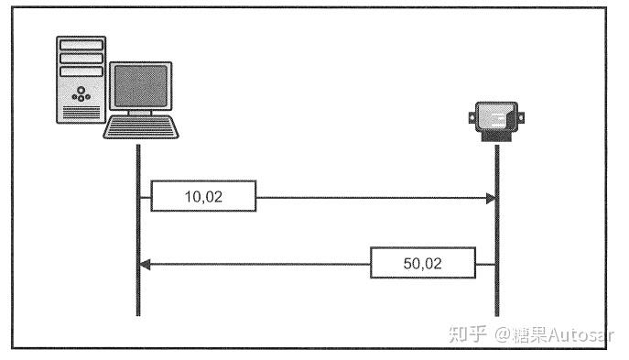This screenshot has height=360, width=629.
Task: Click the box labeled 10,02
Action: click(203, 196)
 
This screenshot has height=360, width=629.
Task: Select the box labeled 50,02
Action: click(423, 264)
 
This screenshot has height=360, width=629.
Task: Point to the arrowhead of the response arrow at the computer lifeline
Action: click(144, 264)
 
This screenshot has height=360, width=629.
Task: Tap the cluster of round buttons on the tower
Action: click(81, 93)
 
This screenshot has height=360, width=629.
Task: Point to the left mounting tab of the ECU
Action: click(472, 117)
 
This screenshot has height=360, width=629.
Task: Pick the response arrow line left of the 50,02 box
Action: click(256, 264)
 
